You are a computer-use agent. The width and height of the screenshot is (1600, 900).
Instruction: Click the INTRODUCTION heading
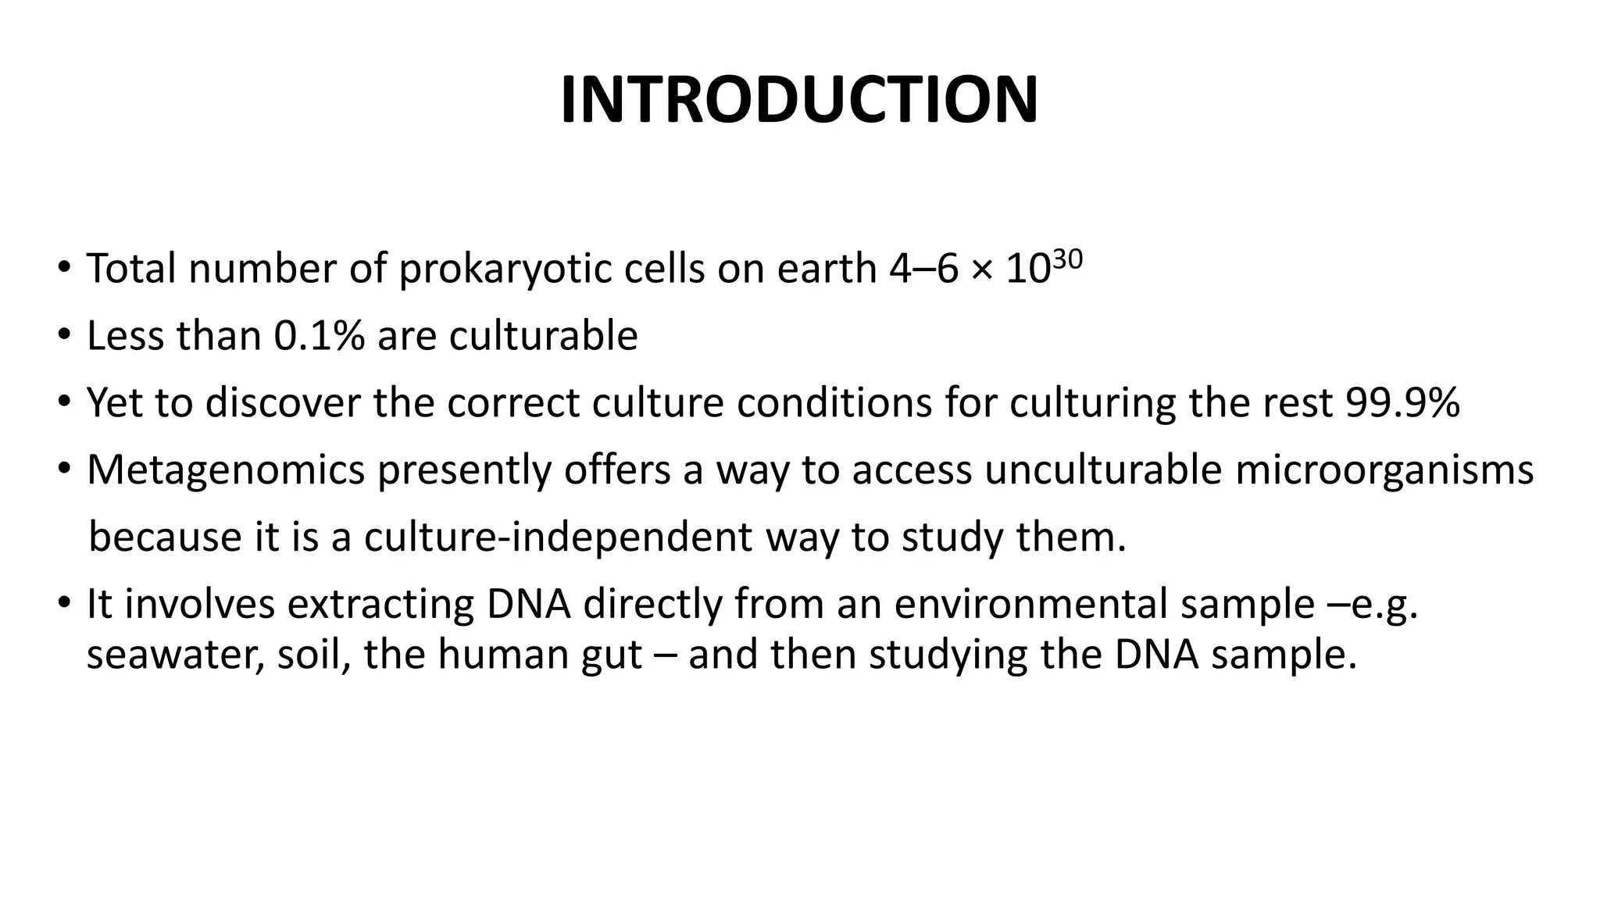point(799,101)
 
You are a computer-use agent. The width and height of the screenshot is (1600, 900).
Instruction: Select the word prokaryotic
point(505,270)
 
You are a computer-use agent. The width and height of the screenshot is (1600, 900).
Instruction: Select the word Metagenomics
point(226,470)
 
